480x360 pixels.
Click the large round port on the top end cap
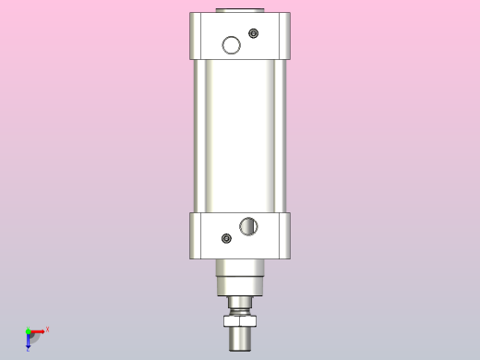coord(231,44)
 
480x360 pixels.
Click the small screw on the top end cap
coord(254,34)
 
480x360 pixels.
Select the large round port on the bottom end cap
coord(248,225)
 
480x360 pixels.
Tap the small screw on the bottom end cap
coord(227,239)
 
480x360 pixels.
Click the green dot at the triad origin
coord(28,330)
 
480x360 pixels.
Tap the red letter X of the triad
coord(47,329)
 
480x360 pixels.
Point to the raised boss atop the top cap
coord(240,10)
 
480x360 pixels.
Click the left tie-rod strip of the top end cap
coord(195,36)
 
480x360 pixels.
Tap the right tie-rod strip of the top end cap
coord(285,36)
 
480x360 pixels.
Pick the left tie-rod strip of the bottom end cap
coord(195,235)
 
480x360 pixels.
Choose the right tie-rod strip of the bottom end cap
coord(285,235)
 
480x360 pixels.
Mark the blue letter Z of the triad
coord(29,350)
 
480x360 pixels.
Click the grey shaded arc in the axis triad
coord(34,337)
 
